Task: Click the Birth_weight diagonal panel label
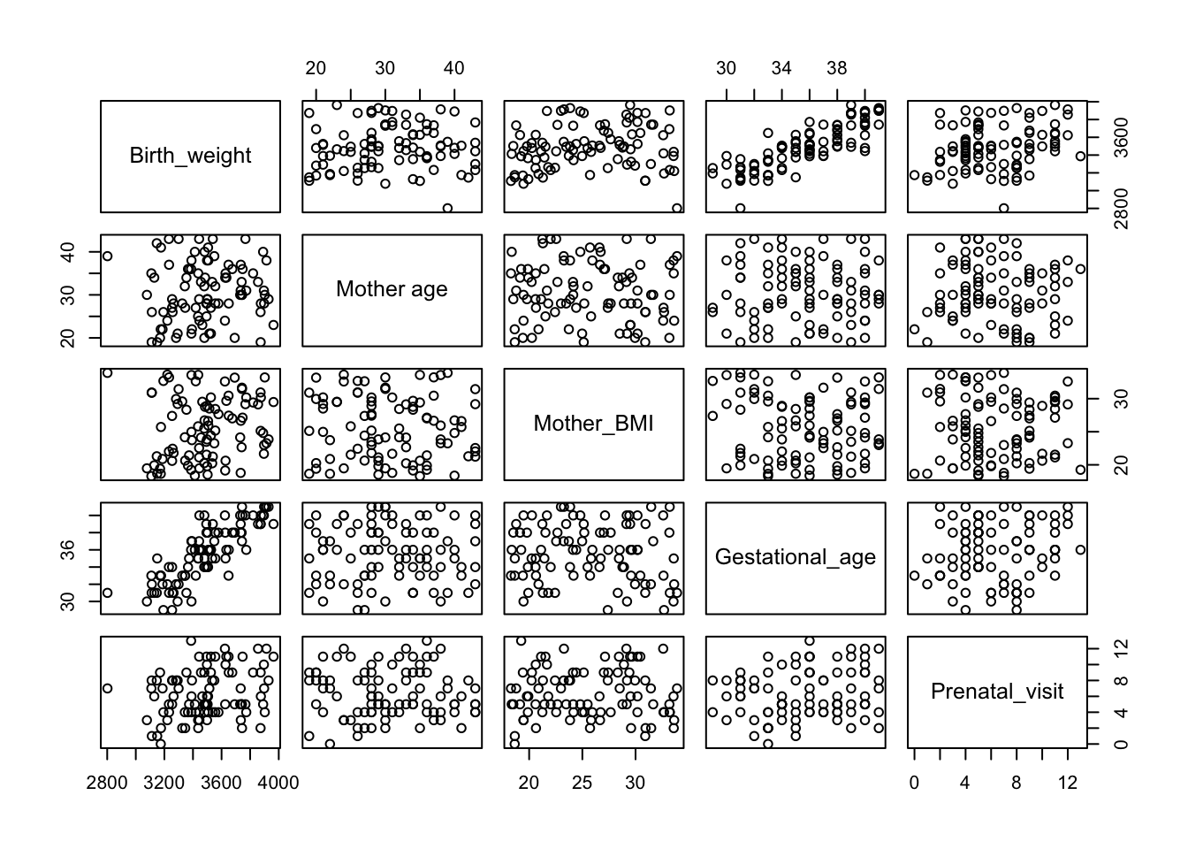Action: point(190,157)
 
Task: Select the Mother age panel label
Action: point(392,289)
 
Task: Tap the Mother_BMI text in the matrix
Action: point(593,424)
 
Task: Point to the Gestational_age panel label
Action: point(795,557)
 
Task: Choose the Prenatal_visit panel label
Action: point(996,692)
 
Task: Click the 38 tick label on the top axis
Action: point(837,68)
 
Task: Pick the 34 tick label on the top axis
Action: point(781,68)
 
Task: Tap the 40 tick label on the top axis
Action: point(453,68)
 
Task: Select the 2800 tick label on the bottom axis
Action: point(106,783)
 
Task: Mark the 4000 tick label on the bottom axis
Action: point(279,783)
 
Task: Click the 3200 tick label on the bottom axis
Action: point(164,783)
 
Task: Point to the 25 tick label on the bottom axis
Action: point(583,783)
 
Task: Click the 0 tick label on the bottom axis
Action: point(914,783)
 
